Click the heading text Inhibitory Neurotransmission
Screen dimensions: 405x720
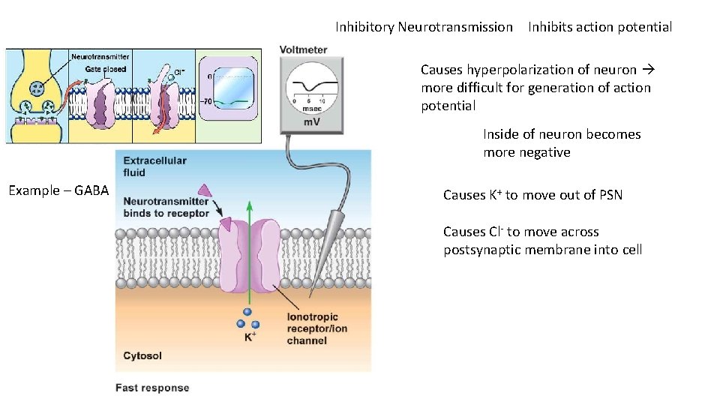pyautogui.click(x=424, y=28)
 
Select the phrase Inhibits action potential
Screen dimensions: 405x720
pyautogui.click(x=600, y=28)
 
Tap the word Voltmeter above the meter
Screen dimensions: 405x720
pyautogui.click(x=303, y=50)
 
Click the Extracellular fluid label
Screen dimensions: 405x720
pyautogui.click(x=154, y=166)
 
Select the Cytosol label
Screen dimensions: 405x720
pyautogui.click(x=142, y=355)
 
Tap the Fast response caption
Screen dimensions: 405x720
pyautogui.click(x=151, y=388)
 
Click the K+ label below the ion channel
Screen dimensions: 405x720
pyautogui.click(x=250, y=337)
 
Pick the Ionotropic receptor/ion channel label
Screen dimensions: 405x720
pyautogui.click(x=316, y=328)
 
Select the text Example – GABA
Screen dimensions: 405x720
pyautogui.click(x=58, y=190)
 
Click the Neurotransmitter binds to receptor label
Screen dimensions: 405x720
pyautogui.click(x=166, y=207)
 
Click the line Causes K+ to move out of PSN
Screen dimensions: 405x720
pyautogui.click(x=532, y=196)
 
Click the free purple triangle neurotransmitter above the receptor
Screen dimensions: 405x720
pyautogui.click(x=204, y=193)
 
